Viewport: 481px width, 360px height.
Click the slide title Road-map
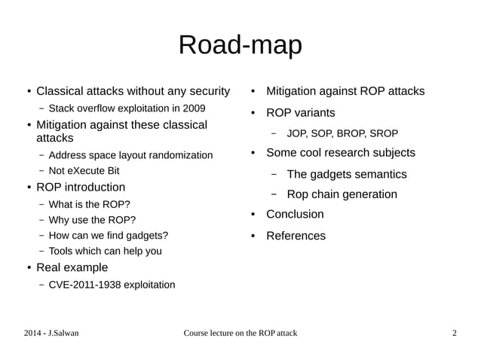click(240, 44)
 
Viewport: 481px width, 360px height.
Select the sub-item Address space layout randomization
click(130, 155)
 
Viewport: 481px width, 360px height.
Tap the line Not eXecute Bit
click(84, 171)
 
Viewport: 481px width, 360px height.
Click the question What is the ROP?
click(89, 204)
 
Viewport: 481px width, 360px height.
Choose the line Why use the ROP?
click(92, 220)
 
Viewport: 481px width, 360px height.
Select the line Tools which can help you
click(105, 251)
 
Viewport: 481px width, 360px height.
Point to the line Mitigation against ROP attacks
click(345, 91)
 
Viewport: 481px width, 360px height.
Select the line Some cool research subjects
click(341, 153)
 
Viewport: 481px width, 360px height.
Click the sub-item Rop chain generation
click(342, 194)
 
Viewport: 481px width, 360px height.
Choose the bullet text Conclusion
click(295, 214)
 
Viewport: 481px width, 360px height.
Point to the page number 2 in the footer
click(454, 333)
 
